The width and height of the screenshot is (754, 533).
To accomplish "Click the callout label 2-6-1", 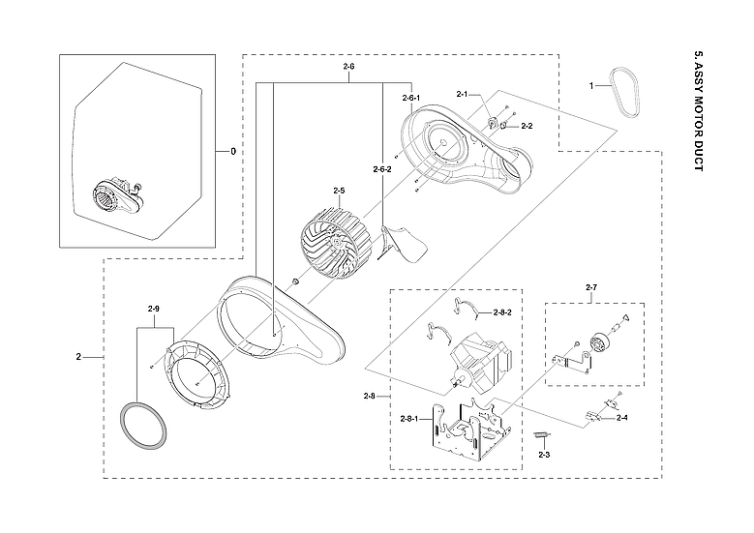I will coord(409,99).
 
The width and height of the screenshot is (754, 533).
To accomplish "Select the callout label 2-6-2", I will coord(381,169).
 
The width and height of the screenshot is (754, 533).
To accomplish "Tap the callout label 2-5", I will coord(339,191).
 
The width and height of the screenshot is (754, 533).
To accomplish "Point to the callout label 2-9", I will coord(153,309).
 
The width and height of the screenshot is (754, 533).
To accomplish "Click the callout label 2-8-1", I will coord(410,418).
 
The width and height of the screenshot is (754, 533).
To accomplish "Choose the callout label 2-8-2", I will coord(501,312).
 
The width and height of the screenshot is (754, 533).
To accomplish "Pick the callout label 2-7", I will coord(592,288).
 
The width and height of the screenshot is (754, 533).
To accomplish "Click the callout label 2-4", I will coord(621,418).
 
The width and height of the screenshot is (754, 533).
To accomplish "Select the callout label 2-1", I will coord(462,94).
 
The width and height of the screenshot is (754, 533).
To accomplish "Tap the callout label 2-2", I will coord(527,126).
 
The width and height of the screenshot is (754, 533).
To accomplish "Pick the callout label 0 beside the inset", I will coord(232,152).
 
